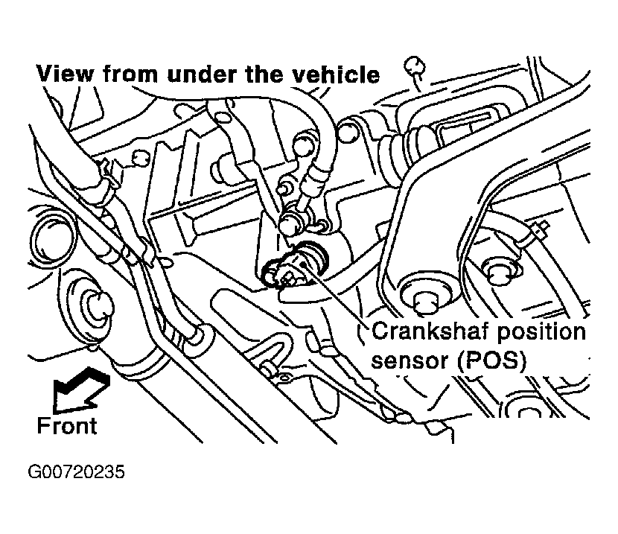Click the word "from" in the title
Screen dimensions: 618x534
click(x=131, y=74)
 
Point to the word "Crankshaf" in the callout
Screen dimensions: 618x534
click(x=431, y=331)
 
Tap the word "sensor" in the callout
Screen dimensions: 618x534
click(x=411, y=361)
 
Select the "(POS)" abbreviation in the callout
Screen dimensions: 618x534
click(x=493, y=360)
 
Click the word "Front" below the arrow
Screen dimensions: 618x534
click(x=66, y=425)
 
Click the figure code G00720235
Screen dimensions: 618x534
click(x=76, y=471)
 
